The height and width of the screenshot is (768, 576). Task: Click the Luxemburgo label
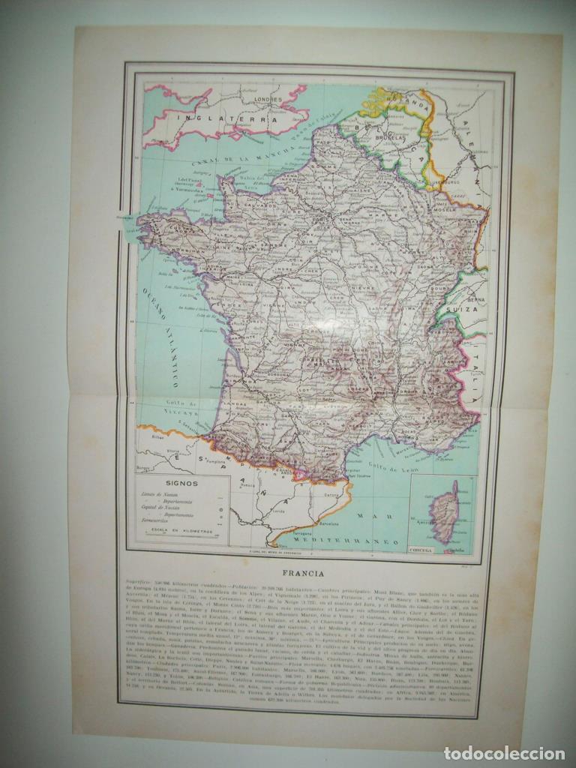point(444,181)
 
